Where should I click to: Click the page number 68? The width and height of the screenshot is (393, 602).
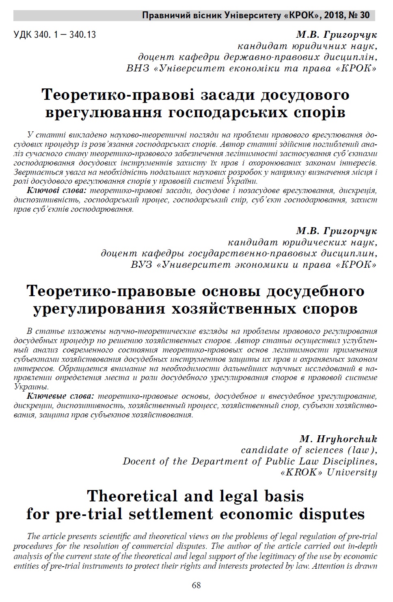[196, 585]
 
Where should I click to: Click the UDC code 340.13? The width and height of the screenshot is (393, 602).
[83, 35]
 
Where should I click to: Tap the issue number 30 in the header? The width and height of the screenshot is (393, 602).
[365, 15]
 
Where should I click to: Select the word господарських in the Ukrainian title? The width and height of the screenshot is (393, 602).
[227, 112]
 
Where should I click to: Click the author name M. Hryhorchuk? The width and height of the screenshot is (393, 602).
[338, 439]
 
